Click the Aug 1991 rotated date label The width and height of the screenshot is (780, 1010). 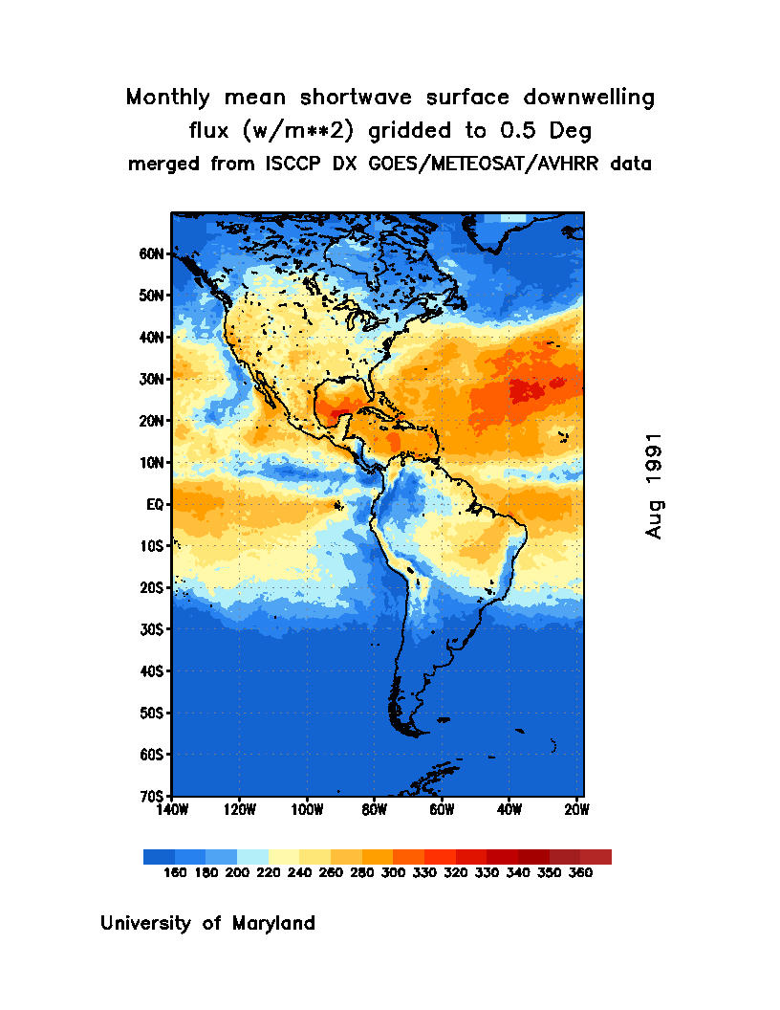(655, 486)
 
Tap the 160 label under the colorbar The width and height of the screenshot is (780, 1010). (175, 873)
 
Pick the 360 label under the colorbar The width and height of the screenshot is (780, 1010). (580, 873)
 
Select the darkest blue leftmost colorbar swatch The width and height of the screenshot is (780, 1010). (159, 857)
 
